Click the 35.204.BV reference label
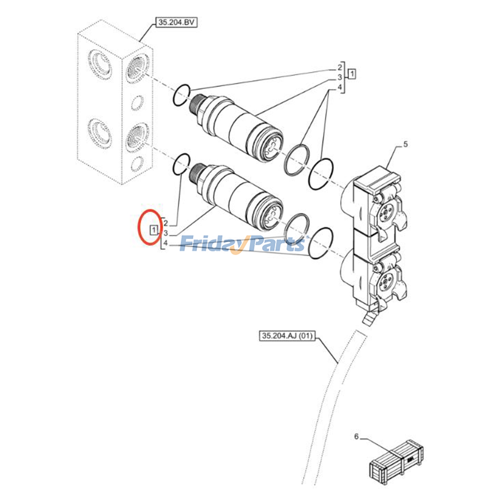pos(176,23)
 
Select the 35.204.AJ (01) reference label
pos(287,336)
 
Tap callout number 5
pos(405,144)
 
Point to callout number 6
pos(356,436)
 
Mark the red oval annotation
pos(150,227)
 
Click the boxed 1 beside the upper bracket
pos(352,74)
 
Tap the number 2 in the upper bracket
pos(340,68)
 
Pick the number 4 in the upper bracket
pos(340,87)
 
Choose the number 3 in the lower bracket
pos(165,233)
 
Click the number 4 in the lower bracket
pos(165,243)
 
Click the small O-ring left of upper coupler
pos(182,95)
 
